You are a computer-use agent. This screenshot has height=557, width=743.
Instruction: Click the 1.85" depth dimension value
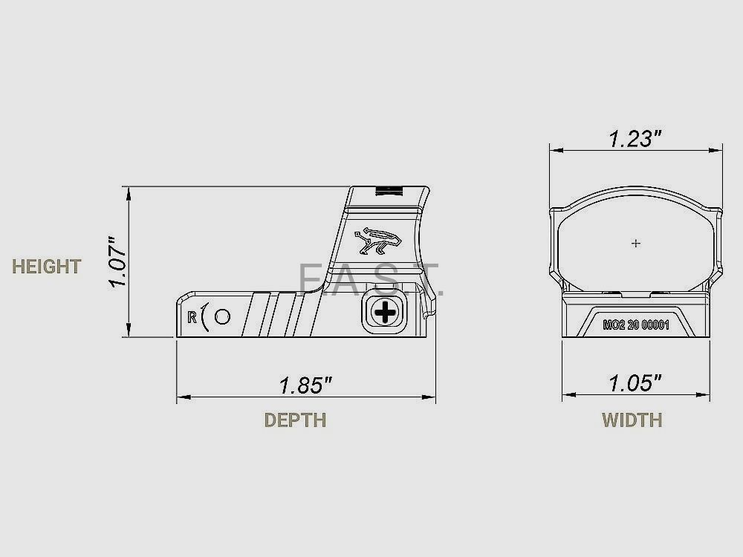click(305, 385)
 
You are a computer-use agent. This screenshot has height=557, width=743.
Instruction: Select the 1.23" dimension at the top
click(635, 139)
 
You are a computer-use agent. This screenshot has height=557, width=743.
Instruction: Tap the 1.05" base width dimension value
click(635, 383)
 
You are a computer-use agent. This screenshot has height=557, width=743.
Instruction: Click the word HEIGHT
click(46, 267)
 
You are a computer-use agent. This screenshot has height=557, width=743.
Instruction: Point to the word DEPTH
click(295, 420)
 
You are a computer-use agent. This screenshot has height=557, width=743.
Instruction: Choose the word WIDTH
click(632, 420)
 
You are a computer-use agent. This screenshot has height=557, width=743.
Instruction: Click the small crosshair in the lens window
click(635, 243)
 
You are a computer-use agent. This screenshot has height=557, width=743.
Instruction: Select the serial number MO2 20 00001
click(635, 325)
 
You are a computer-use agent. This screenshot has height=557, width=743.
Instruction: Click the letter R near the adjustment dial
click(193, 316)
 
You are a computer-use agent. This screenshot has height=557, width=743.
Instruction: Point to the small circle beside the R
click(221, 316)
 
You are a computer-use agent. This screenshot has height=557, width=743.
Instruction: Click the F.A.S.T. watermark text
click(369, 280)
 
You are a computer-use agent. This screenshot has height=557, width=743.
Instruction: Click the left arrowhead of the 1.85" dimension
click(181, 397)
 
